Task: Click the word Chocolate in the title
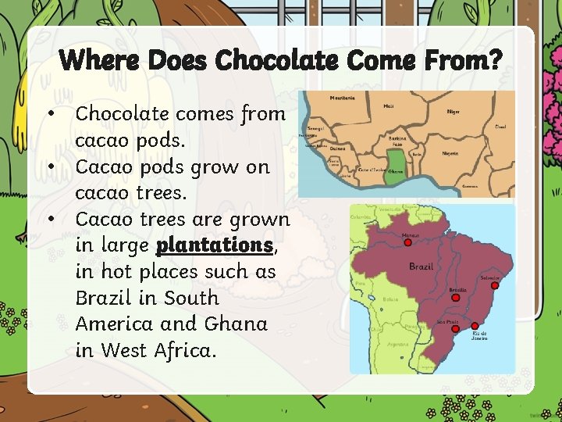pyautogui.click(x=264, y=59)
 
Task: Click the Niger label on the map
pyautogui.click(x=454, y=112)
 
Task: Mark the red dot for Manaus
pyautogui.click(x=407, y=242)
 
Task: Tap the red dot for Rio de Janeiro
pyautogui.click(x=474, y=325)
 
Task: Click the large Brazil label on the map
pyautogui.click(x=421, y=266)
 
